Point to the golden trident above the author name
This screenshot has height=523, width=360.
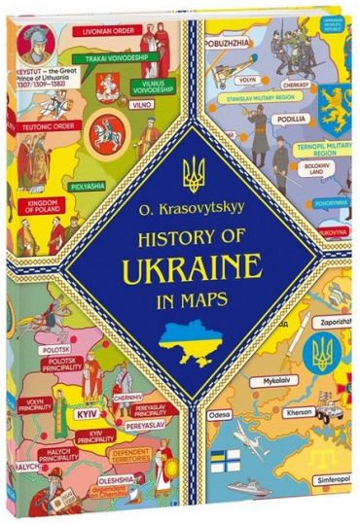pos(194,172)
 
